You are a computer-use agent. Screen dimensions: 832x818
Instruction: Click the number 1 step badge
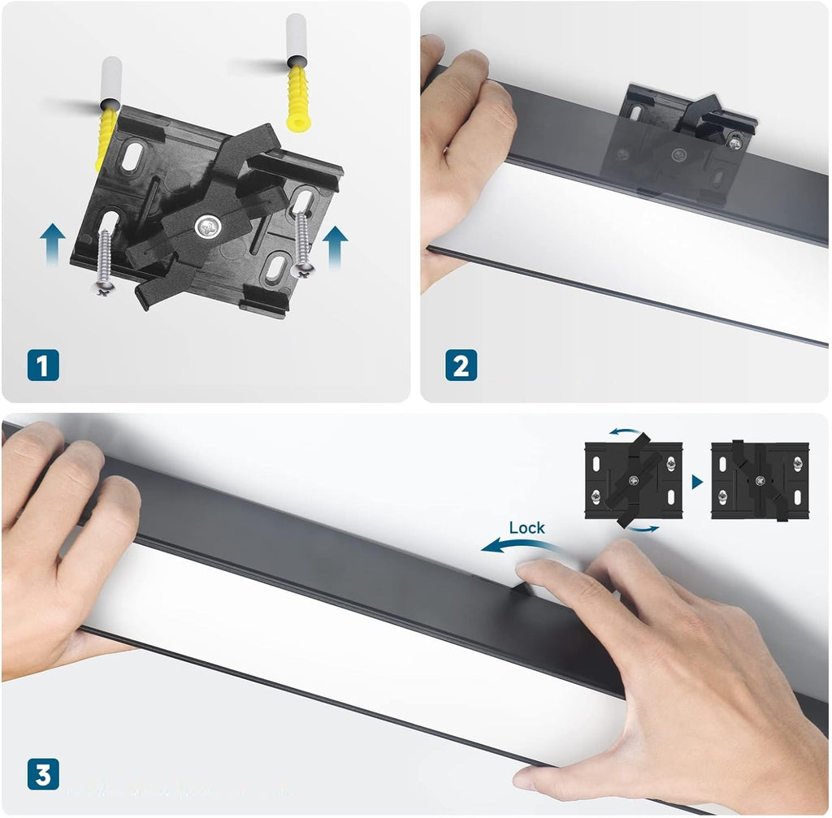[x=43, y=365]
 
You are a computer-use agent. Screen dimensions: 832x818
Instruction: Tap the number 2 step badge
[x=461, y=365]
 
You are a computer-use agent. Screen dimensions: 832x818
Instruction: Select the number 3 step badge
[x=43, y=774]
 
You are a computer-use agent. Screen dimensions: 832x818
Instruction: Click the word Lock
[x=526, y=528]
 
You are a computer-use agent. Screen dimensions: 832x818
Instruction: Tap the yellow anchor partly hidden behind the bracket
[x=106, y=138]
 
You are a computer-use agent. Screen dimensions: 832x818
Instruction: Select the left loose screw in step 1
[x=105, y=262]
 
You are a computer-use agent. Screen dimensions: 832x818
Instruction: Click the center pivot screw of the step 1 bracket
[x=207, y=227]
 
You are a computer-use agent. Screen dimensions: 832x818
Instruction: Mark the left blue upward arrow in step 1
[x=53, y=244]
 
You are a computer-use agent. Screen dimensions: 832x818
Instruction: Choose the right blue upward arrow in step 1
[x=335, y=247]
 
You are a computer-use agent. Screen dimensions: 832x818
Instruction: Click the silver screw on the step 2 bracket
[x=734, y=141]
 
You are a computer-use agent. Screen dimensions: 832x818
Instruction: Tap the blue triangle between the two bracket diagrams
[x=697, y=482]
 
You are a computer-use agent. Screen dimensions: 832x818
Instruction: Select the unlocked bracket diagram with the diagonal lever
[x=634, y=480]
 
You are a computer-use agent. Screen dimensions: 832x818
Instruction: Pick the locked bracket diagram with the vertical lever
[x=760, y=481]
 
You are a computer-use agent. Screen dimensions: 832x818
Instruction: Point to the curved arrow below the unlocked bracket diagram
[x=642, y=528]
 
